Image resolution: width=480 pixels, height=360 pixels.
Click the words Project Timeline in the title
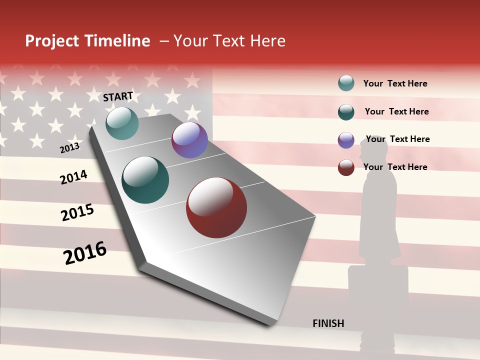pos(87,41)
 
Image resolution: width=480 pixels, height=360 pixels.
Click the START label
pos(118,96)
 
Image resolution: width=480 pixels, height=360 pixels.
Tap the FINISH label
pos(328,323)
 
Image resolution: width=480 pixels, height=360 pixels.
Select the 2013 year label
pos(69,148)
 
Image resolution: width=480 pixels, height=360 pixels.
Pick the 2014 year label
pos(73,177)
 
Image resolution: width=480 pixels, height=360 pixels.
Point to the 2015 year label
pos(77,212)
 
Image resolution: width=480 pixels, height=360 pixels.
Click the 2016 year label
pos(85,252)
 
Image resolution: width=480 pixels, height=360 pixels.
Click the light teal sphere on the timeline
pos(122,123)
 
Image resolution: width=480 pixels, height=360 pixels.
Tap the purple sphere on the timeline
pos(189,140)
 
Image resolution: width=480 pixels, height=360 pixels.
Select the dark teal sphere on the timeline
pos(145,180)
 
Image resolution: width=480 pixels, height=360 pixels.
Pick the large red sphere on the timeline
pos(216,207)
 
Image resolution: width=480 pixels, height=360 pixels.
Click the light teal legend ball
pos(346,83)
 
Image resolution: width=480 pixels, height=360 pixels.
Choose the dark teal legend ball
pos(346,112)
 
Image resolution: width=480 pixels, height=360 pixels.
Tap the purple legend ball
pos(346,140)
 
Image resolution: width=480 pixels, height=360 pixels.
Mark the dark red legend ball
pos(346,167)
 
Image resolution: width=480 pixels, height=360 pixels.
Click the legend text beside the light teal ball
pos(395,83)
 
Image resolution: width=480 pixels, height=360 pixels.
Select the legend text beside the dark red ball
pos(395,167)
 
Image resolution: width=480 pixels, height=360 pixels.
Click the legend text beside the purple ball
pos(397,139)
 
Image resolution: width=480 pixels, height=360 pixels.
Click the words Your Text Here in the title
pos(229,41)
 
